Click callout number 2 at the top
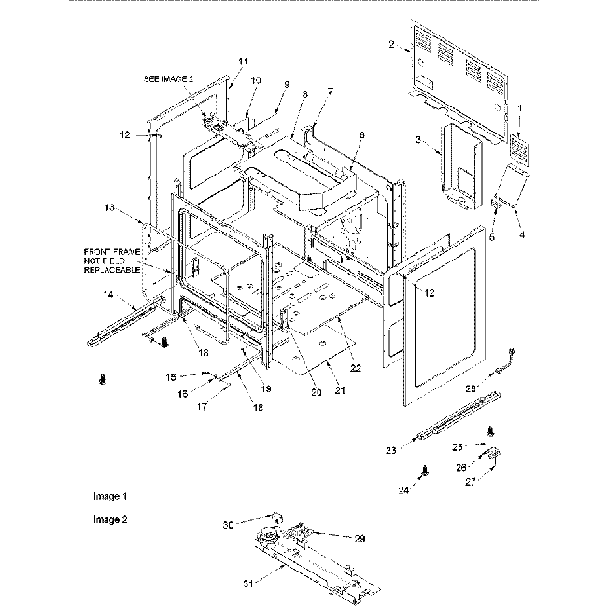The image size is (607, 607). point(392,44)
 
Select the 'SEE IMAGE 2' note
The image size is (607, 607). point(169,80)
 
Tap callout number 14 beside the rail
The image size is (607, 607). point(108,295)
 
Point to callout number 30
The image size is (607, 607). point(226,526)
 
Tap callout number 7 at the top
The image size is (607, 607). point(329,91)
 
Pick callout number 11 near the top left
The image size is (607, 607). point(244,61)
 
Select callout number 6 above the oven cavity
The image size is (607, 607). point(361,135)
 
